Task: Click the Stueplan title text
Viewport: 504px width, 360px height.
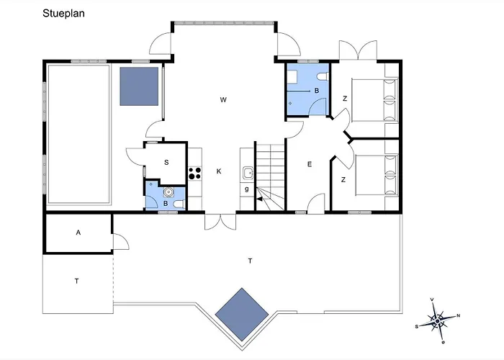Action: (63, 14)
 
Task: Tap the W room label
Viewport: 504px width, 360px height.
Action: (223, 99)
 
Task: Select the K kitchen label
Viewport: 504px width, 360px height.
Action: (219, 171)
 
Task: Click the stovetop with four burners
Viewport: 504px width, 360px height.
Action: (195, 174)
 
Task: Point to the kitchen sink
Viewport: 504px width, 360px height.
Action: (248, 173)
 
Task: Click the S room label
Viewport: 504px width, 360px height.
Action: (166, 162)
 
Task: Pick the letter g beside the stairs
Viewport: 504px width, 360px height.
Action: (247, 189)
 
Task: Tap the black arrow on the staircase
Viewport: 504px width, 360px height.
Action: (260, 199)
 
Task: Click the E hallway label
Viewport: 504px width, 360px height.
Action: (310, 164)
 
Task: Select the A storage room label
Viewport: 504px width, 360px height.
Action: (78, 233)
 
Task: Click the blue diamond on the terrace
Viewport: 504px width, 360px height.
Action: (242, 315)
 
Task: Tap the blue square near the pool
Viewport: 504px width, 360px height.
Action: (139, 86)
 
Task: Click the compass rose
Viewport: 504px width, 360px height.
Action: (438, 321)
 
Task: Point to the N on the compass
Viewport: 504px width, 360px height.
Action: (458, 315)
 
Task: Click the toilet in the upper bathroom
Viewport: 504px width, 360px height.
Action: (323, 77)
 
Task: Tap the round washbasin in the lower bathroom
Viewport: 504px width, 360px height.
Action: (168, 192)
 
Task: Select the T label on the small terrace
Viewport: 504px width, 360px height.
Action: (77, 282)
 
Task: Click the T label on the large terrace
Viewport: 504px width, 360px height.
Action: (250, 261)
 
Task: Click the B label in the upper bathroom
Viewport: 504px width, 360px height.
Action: (317, 91)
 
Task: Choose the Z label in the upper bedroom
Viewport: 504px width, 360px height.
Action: (345, 99)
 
